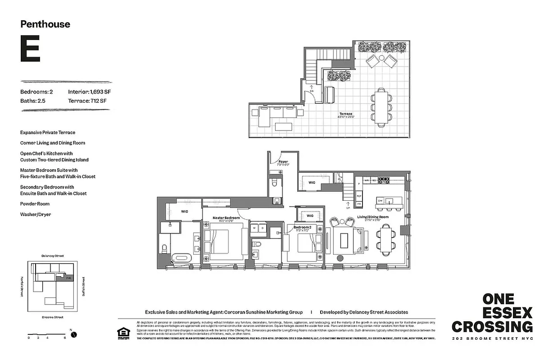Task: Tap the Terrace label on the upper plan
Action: coord(346,114)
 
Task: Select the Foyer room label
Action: coord(283,162)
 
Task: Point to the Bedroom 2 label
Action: coord(302,227)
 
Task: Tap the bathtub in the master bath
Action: coord(182,258)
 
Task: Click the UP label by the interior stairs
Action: coord(348,208)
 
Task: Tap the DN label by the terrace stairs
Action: coord(311,91)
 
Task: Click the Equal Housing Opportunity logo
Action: coord(122,333)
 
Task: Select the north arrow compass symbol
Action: coord(74,334)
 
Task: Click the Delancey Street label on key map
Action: coord(52,256)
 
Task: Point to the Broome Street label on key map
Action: coord(52,317)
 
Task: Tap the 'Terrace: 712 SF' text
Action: coord(87,101)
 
